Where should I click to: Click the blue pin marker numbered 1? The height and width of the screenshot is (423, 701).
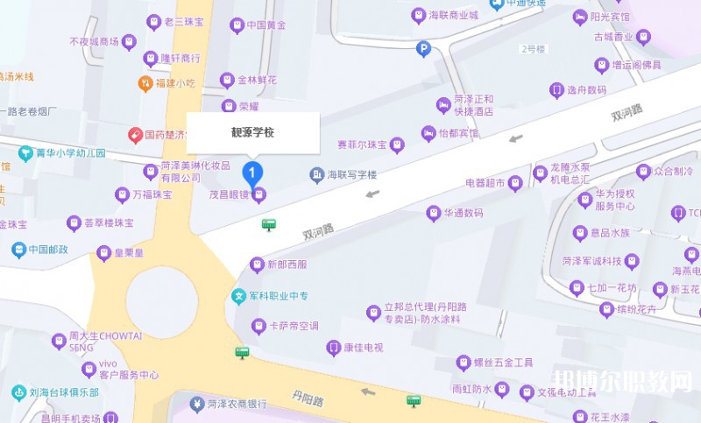coord(253,170)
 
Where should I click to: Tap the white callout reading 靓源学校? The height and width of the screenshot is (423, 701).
coord(252,133)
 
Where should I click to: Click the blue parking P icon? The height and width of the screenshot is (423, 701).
coord(424,50)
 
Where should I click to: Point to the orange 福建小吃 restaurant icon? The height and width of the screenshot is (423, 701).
coord(145,83)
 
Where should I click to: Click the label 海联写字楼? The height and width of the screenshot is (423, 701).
coord(350,175)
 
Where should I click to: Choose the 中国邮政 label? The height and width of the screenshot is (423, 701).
coord(48,250)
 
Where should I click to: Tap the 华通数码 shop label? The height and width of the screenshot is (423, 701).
coord(463,213)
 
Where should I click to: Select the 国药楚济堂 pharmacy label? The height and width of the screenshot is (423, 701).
coord(166,135)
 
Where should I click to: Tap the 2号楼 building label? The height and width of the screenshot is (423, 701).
coord(532,49)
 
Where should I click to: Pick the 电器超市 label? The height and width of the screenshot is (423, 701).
coord(485,183)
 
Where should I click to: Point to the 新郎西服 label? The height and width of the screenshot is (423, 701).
coord(287,264)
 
